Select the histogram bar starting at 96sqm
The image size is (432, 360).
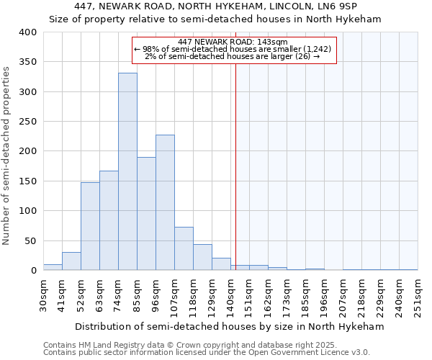[165, 202]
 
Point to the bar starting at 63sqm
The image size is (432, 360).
[109, 220]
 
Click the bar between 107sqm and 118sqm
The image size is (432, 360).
[184, 249]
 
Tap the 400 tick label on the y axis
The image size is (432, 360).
[28, 32]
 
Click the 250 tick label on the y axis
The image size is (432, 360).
[28, 122]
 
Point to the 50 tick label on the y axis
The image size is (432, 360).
[31, 240]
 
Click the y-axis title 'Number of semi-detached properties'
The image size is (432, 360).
[6, 155]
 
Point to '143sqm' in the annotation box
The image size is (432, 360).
[273, 42]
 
